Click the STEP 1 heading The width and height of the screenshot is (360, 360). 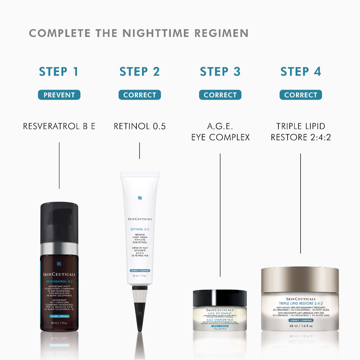click(x=59, y=71)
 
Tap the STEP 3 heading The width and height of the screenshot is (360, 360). click(x=220, y=71)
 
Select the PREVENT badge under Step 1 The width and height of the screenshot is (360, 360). click(x=59, y=95)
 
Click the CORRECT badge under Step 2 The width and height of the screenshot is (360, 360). click(x=140, y=95)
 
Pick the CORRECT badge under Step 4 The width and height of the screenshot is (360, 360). click(x=301, y=95)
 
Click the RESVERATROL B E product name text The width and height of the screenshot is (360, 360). click(x=59, y=126)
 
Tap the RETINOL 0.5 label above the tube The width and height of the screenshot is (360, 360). click(x=140, y=126)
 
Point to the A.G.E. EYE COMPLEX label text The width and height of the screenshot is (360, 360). click(x=220, y=132)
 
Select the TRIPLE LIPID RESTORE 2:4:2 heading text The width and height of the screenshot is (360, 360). click(x=301, y=132)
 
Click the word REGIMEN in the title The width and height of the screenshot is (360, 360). click(x=221, y=33)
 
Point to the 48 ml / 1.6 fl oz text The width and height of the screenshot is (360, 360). click(x=300, y=326)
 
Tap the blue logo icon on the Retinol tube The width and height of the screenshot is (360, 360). click(x=140, y=198)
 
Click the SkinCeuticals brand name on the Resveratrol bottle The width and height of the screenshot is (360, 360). click(x=59, y=275)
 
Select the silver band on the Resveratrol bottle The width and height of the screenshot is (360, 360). click(x=59, y=249)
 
